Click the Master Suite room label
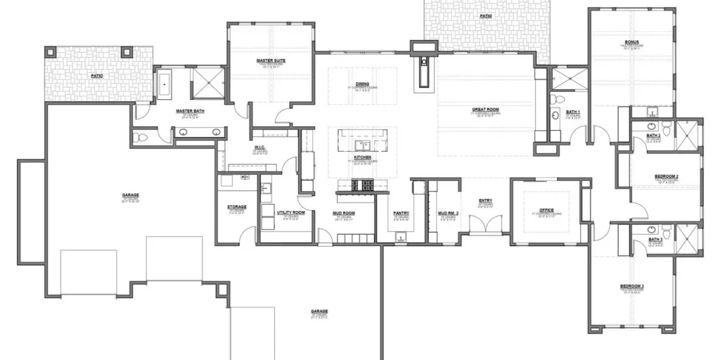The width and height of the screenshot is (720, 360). [x=271, y=61]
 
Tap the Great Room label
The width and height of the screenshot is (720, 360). [x=485, y=110]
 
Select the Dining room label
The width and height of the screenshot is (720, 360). [x=362, y=84]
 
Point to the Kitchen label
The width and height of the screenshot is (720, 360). [x=362, y=157]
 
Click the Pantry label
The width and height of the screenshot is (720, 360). [x=401, y=213]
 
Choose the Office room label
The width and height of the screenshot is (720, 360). [x=546, y=210]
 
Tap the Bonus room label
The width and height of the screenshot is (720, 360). [x=631, y=42]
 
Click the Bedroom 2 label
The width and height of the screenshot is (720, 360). [x=667, y=176]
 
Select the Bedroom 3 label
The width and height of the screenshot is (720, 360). [x=631, y=286]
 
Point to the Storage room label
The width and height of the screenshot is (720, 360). [x=236, y=207]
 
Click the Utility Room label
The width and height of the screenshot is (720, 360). [x=290, y=212]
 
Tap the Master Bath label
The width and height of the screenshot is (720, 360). [x=190, y=111]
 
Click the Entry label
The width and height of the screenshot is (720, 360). [x=485, y=201]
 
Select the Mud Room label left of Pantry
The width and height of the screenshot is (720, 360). [x=344, y=213]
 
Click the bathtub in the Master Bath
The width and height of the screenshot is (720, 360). [x=165, y=84]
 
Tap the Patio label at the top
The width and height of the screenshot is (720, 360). [x=486, y=15]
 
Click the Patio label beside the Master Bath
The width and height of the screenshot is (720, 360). [x=98, y=75]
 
